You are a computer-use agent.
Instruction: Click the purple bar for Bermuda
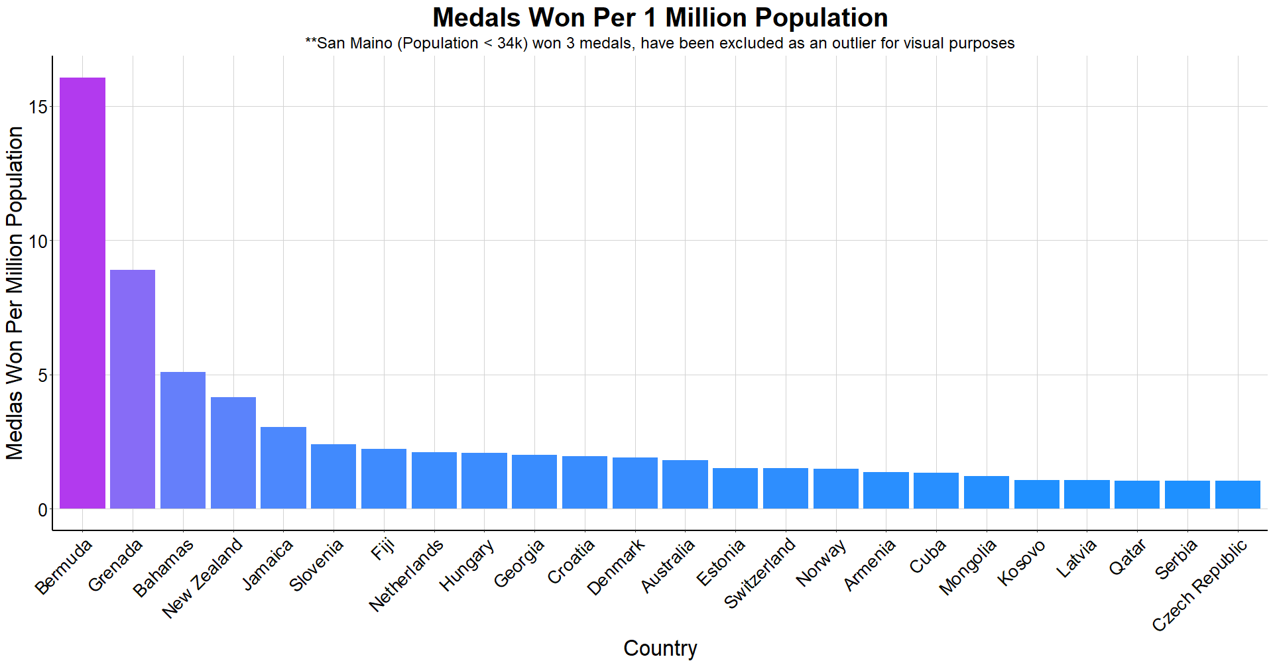pyautogui.click(x=82, y=293)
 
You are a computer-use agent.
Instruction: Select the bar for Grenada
pyautogui.click(x=133, y=389)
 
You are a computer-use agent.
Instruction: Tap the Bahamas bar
pyautogui.click(x=183, y=440)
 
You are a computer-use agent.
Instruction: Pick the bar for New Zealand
pyautogui.click(x=233, y=453)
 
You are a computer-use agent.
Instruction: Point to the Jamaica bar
pyautogui.click(x=283, y=467)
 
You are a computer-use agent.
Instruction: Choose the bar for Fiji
pyautogui.click(x=384, y=479)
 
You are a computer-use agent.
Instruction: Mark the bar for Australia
pyautogui.click(x=685, y=484)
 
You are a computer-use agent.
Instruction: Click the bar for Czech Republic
pyautogui.click(x=1237, y=495)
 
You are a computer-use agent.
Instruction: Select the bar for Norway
pyautogui.click(x=835, y=489)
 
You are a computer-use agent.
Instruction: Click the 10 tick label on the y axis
pyautogui.click(x=38, y=241)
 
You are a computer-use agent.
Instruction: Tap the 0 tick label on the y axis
pyautogui.click(x=43, y=510)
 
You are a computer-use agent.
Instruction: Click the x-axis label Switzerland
pyautogui.click(x=760, y=573)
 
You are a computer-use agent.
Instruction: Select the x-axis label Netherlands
pyautogui.click(x=406, y=574)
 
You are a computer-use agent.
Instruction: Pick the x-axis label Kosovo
pyautogui.click(x=1022, y=562)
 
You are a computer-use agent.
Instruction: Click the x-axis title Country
pyautogui.click(x=660, y=648)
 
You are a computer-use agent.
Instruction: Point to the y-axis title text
pyautogui.click(x=15, y=292)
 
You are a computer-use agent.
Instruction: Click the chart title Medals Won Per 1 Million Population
pyautogui.click(x=660, y=18)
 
